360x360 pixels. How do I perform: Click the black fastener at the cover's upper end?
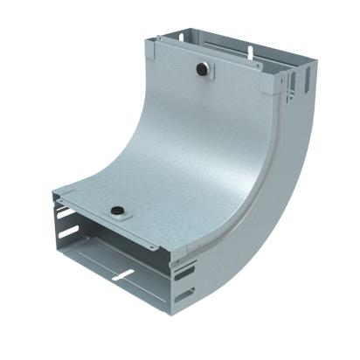point(202,67)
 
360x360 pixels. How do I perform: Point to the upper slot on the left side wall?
point(64,213)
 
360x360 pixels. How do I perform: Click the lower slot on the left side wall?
point(64,235)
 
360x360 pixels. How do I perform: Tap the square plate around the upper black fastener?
point(202,69)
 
